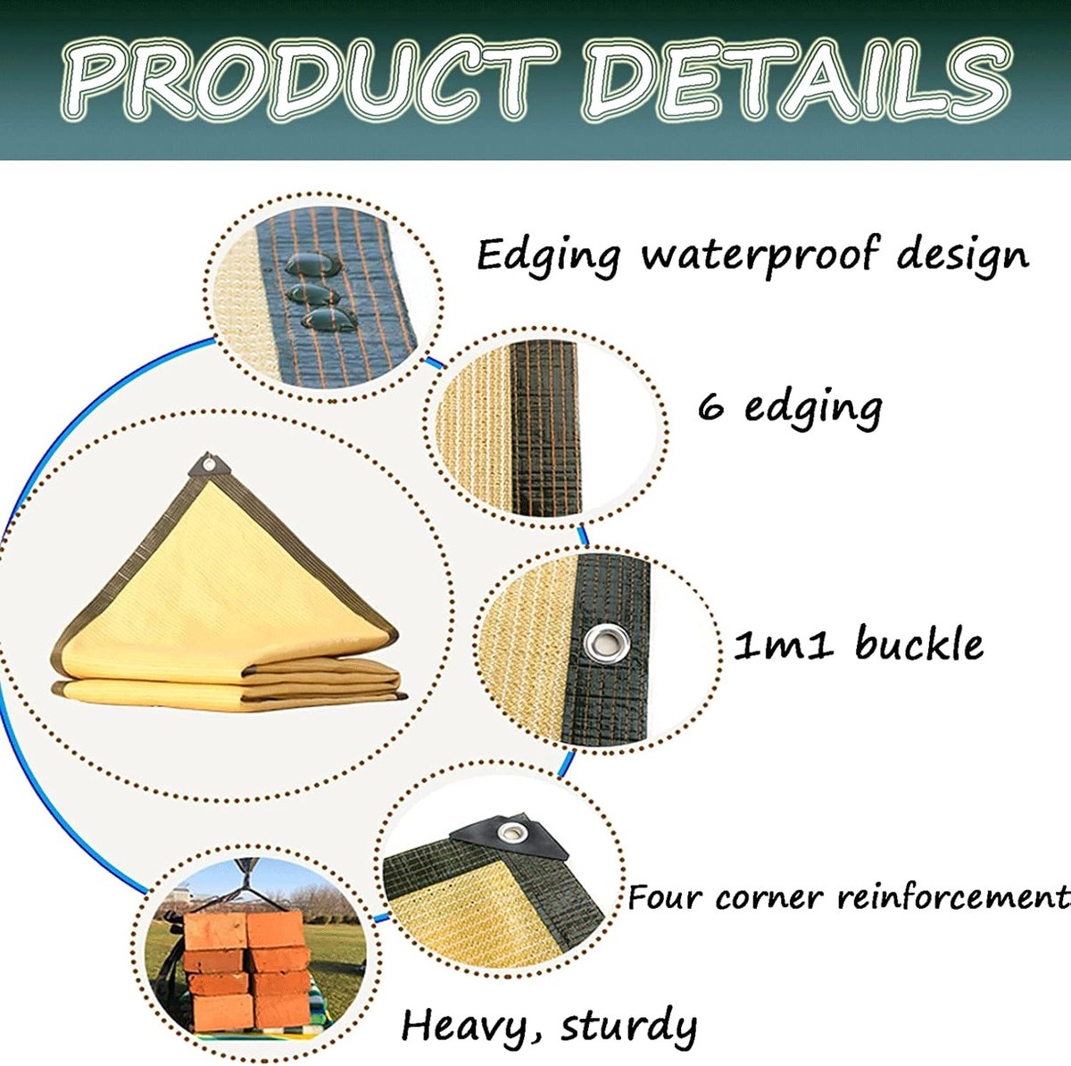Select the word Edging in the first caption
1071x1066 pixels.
tap(547, 256)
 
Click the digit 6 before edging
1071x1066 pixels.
tap(710, 407)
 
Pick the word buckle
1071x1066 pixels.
tap(918, 644)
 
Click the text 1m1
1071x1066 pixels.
tap(783, 645)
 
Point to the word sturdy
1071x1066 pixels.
tap(627, 1026)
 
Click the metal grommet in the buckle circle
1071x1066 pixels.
tap(606, 643)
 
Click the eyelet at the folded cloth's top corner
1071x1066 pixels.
tap(210, 463)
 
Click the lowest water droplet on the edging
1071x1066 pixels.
tap(329, 320)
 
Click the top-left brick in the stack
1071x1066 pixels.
tap(215, 931)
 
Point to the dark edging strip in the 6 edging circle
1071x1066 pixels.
tap(545, 427)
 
